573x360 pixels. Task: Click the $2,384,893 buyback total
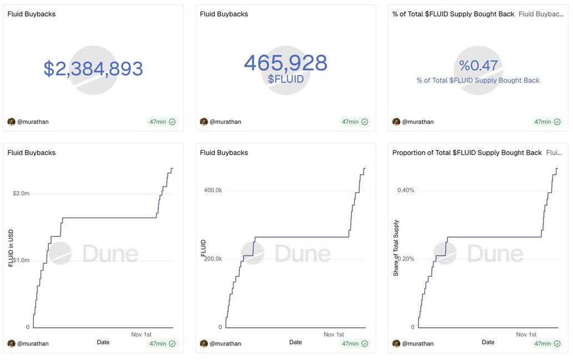[93, 69]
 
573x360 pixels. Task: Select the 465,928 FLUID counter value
[285, 63]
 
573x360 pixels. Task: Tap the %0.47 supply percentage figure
[478, 66]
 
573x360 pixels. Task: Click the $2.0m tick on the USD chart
[21, 193]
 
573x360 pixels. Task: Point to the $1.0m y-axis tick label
[21, 260]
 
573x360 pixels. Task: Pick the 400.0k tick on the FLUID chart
[213, 190]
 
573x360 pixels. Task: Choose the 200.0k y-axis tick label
[213, 258]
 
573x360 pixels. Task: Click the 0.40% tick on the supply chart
[406, 190]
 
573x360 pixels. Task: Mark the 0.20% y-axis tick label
[406, 258]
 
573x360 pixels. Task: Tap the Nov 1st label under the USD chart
[141, 334]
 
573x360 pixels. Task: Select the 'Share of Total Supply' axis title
[396, 248]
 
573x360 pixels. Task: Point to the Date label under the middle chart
[295, 342]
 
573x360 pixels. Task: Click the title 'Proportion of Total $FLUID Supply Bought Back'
[467, 153]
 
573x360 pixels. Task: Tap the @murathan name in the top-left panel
[33, 122]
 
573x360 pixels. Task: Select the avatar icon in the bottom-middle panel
[204, 343]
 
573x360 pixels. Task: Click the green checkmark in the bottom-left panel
[172, 344]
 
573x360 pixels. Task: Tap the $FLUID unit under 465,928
[285, 79]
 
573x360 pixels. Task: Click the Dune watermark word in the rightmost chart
[495, 254]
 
